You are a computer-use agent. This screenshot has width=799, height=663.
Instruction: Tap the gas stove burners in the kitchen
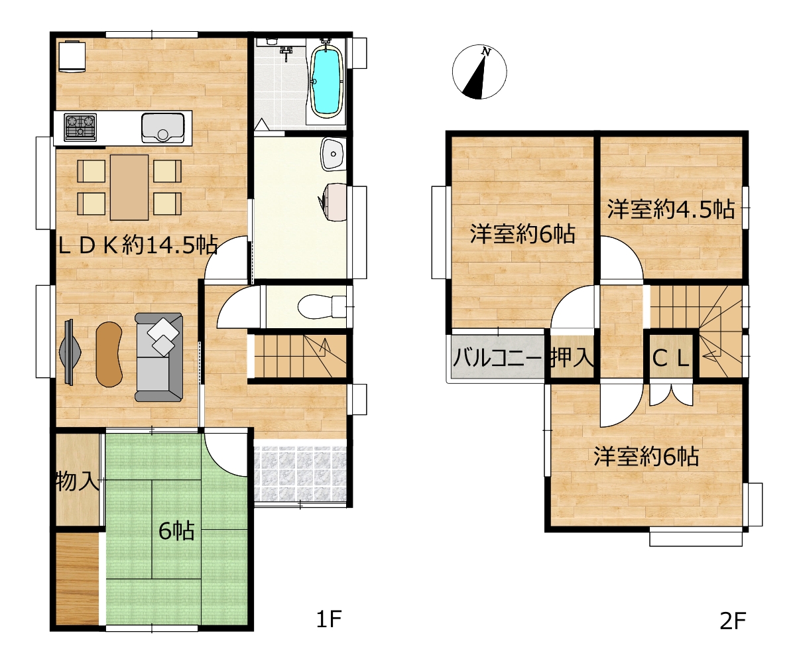pyautogui.click(x=80, y=127)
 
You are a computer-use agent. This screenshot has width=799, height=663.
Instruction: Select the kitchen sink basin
pyautogui.click(x=162, y=128)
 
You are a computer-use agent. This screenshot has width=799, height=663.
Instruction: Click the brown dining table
pyautogui.click(x=129, y=188)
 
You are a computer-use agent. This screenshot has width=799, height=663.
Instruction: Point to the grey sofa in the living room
pyautogui.click(x=158, y=357)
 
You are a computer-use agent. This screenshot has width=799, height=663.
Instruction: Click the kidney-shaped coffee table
pyautogui.click(x=109, y=354)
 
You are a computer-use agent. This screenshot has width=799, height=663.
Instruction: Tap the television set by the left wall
pyautogui.click(x=70, y=352)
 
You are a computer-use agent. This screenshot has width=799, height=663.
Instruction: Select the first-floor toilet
pyautogui.click(x=322, y=306)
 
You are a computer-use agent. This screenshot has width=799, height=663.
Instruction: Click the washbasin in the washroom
pyautogui.click(x=333, y=154)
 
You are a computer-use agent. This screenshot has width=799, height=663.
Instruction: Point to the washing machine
pyautogui.click(x=332, y=202)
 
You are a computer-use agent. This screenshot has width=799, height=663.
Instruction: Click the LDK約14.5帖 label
pyautogui.click(x=138, y=245)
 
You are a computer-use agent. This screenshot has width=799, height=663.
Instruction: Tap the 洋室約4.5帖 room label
pyautogui.click(x=671, y=210)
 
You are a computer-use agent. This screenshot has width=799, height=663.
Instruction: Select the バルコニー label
pyautogui.click(x=497, y=359)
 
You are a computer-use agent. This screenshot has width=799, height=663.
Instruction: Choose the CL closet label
pyautogui.click(x=671, y=359)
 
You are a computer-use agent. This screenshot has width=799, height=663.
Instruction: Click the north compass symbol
pyautogui.click(x=479, y=72)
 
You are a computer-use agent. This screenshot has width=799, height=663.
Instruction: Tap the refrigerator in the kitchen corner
pyautogui.click(x=72, y=56)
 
